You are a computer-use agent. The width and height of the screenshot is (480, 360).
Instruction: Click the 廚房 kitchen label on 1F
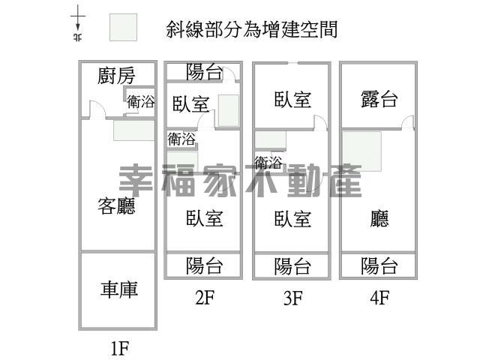click(x=116, y=75)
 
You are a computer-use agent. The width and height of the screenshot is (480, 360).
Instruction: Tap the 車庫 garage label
click(x=119, y=289)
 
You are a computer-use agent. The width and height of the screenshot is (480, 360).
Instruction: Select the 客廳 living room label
click(x=116, y=205)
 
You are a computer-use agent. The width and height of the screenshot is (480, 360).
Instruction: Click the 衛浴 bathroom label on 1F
click(x=141, y=102)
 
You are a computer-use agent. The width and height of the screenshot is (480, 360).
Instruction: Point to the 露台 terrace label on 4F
click(x=379, y=99)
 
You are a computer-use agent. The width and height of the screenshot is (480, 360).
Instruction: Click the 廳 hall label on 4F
click(x=379, y=218)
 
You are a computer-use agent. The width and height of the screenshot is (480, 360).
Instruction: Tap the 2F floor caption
click(x=205, y=297)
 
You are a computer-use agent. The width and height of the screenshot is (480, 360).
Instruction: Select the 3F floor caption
click(x=293, y=297)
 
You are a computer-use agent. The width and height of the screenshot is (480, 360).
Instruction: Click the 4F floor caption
click(x=379, y=297)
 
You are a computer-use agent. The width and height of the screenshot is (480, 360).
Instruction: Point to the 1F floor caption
click(x=120, y=348)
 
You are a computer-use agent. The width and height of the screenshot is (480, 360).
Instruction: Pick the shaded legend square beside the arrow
click(x=123, y=27)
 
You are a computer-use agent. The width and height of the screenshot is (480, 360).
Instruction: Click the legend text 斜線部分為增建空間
click(x=252, y=29)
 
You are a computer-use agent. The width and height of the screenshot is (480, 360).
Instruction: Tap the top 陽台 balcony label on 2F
click(x=205, y=72)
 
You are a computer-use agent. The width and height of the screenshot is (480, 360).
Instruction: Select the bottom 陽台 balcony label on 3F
click(x=292, y=266)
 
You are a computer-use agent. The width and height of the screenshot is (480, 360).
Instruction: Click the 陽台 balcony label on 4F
click(x=379, y=265)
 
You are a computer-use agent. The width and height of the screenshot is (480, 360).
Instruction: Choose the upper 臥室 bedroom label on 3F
click(x=292, y=99)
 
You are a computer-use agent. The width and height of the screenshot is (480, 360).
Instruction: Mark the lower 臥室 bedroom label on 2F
click(x=205, y=218)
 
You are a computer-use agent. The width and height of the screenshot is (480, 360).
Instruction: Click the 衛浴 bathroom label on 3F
click(x=268, y=163)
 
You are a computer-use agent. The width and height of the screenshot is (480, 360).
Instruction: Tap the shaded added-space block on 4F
click(x=361, y=151)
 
